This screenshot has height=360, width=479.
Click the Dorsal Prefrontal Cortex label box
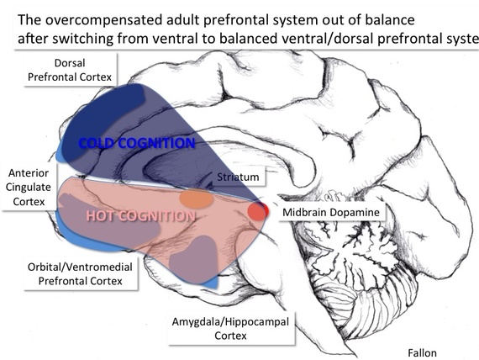70,70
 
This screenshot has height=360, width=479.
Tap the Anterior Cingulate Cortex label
29,188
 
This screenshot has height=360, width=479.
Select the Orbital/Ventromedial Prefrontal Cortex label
81,273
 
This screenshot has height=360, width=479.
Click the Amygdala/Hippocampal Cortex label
230,329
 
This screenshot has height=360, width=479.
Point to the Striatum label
238,177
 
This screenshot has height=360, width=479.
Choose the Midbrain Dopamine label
331,212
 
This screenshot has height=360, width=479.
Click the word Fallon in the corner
422,353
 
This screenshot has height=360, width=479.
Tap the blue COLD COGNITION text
136,143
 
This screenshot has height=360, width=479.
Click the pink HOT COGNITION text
141,216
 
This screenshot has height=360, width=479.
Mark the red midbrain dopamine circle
258,211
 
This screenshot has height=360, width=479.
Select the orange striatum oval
196,199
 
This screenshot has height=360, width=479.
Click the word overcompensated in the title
104,20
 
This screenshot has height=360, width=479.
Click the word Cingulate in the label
29,187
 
